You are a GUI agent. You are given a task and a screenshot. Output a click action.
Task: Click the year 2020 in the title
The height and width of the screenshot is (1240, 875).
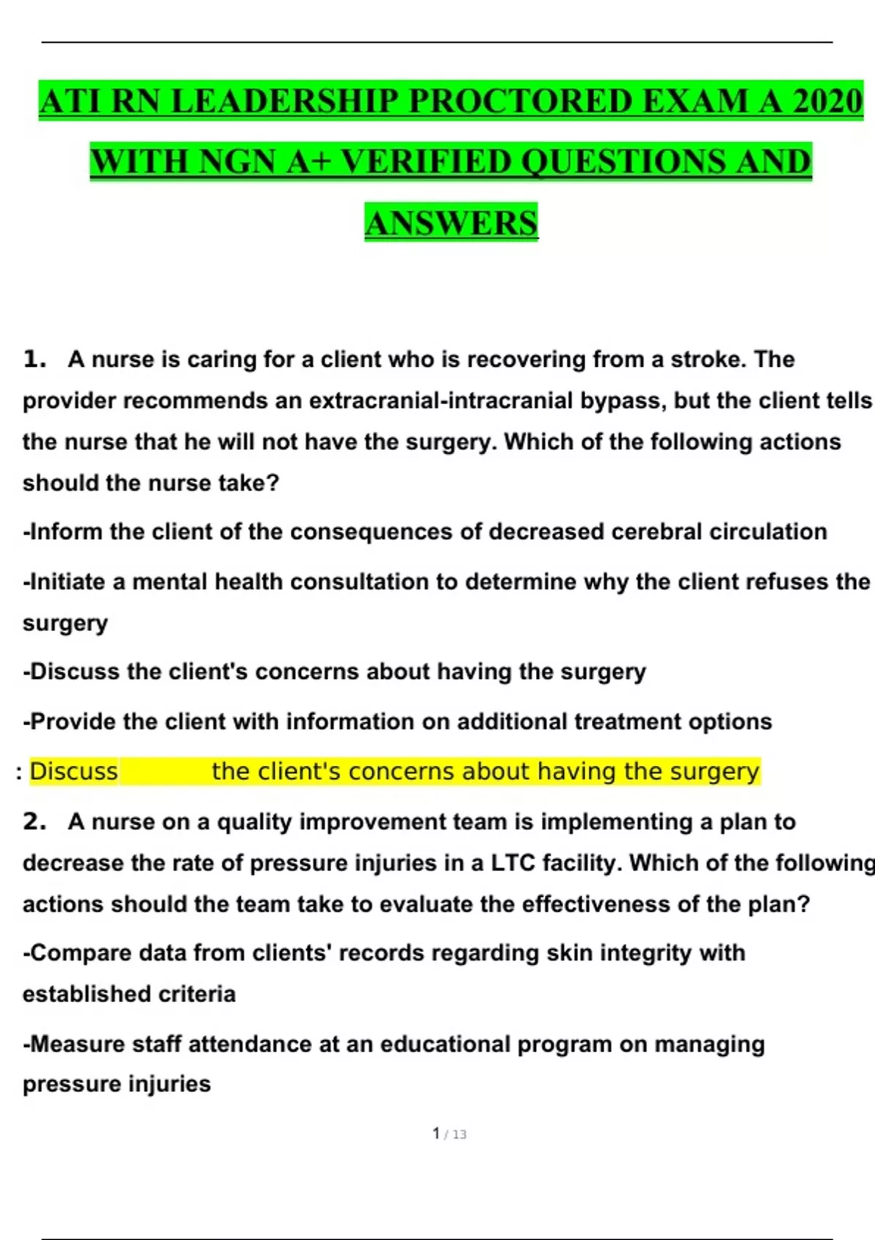click(x=827, y=101)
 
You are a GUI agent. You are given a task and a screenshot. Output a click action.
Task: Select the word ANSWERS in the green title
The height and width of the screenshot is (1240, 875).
click(x=451, y=223)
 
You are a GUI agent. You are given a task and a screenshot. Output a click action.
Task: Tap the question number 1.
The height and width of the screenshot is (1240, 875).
click(x=34, y=360)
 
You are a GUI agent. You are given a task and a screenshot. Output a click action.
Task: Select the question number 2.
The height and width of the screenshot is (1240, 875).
click(x=34, y=822)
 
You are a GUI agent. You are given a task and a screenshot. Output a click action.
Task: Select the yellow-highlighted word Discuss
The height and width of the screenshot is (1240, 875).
click(x=74, y=772)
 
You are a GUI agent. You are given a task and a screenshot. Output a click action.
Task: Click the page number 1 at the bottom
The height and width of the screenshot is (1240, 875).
click(x=436, y=1134)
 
